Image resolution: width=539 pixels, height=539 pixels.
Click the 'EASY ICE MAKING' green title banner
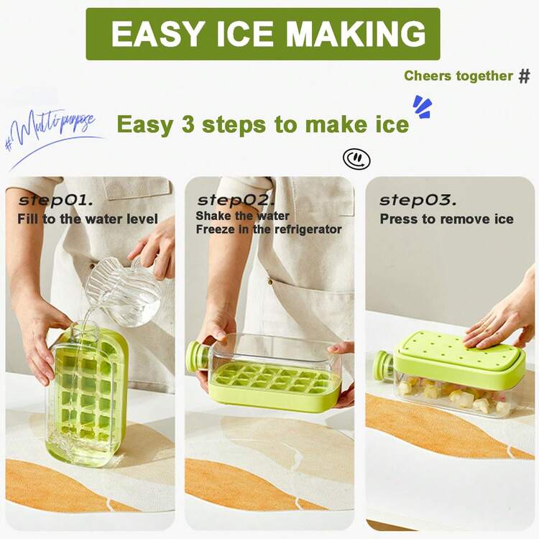pos(263,34)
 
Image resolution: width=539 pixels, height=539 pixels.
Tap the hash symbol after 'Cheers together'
pos(524,76)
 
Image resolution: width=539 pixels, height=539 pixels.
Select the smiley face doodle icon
pos(356,159)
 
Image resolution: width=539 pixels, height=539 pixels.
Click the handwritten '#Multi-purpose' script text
pos(50,132)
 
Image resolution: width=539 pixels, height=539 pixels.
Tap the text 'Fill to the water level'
pos(88,218)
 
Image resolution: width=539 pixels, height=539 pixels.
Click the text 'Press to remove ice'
pos(446,218)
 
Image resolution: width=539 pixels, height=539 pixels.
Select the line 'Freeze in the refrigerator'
pos(269,229)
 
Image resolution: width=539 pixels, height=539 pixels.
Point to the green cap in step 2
pos(195,356)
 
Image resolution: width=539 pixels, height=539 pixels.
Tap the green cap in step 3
pos(382,365)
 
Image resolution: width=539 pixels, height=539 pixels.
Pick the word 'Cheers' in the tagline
pos(428,76)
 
